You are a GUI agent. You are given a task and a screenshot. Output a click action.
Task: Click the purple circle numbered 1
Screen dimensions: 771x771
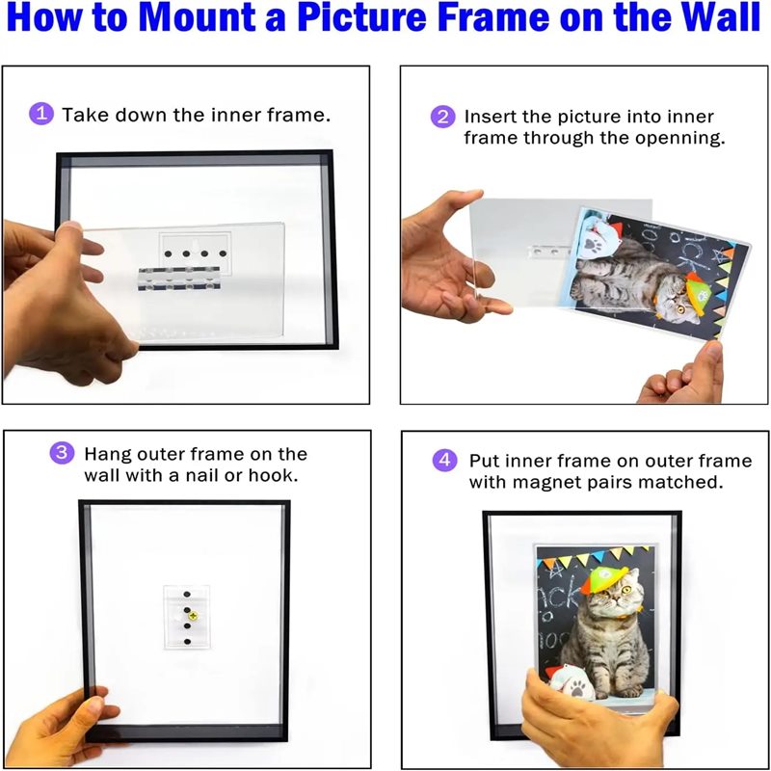[41, 114]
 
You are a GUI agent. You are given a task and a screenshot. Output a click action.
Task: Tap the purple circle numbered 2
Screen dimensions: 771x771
[442, 117]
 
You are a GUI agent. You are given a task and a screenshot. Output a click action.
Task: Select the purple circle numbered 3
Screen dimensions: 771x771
[62, 452]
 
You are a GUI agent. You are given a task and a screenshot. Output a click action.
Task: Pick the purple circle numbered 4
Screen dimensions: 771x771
[444, 461]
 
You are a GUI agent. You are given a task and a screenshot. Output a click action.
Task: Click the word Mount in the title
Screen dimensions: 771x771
[197, 17]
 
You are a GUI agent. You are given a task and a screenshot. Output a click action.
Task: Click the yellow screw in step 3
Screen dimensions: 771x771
[193, 615]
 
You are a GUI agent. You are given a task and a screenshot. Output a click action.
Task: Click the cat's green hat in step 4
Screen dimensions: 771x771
[603, 578]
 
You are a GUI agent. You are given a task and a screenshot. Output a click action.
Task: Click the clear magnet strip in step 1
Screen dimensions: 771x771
[179, 279]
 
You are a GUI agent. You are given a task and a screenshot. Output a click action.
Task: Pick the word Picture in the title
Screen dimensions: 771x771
[361, 17]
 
